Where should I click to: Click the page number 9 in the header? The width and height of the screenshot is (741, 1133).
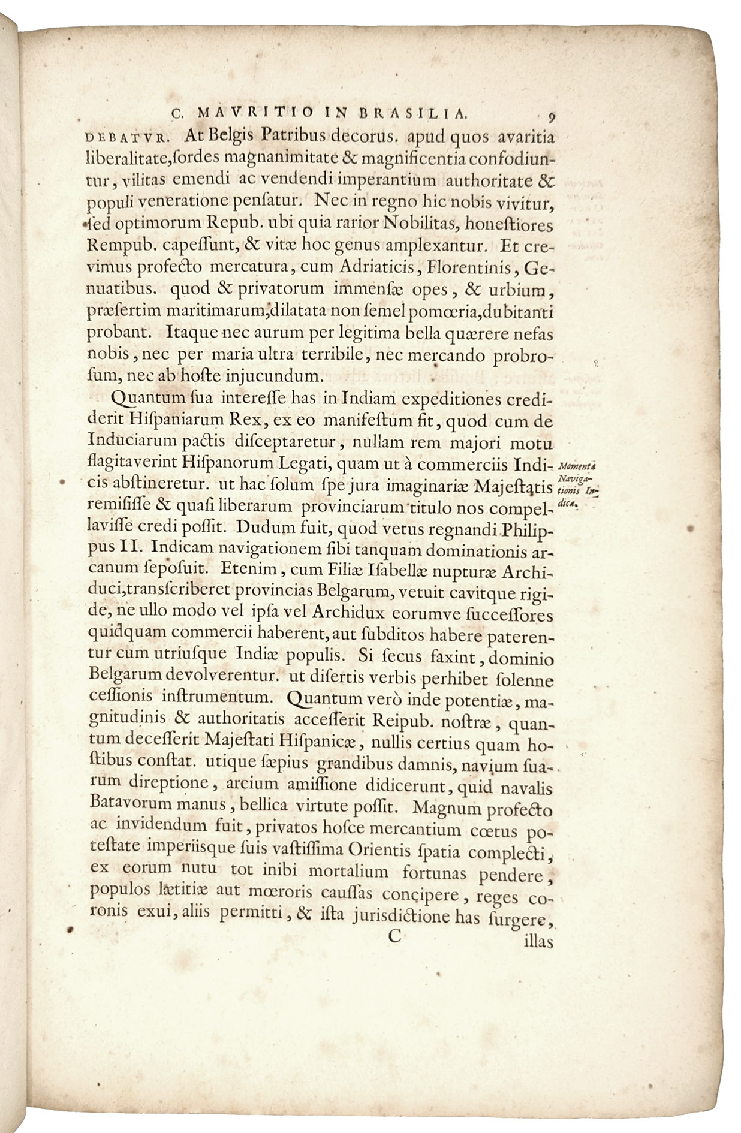click(550, 116)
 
